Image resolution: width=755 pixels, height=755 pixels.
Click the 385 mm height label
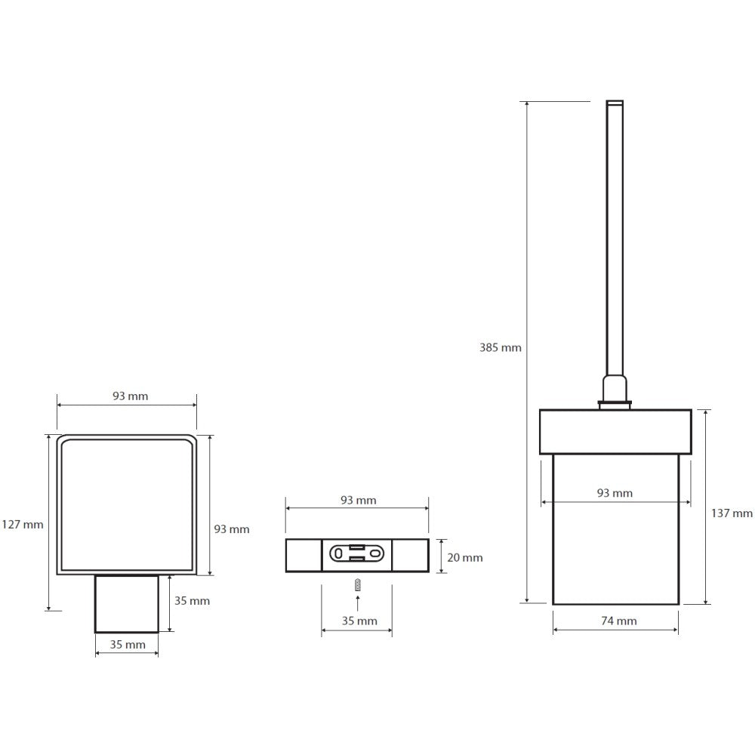pyautogui.click(x=501, y=347)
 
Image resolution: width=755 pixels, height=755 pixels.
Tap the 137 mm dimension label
pyautogui.click(x=732, y=513)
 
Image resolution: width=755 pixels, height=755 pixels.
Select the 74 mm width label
pyautogui.click(x=619, y=621)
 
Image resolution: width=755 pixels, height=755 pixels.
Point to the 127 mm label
pyautogui.click(x=23, y=525)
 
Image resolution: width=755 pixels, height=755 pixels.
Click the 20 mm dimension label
pyautogui.click(x=464, y=558)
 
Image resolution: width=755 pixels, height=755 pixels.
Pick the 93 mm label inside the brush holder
pyautogui.click(x=615, y=493)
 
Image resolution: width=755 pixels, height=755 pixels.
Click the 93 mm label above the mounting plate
pyautogui.click(x=358, y=501)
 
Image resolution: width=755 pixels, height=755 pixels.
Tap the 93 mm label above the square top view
pyautogui.click(x=131, y=396)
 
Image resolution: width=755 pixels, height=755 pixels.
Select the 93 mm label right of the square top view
pyautogui.click(x=232, y=529)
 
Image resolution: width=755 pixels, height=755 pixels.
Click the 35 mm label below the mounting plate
pyautogui.click(x=359, y=621)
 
